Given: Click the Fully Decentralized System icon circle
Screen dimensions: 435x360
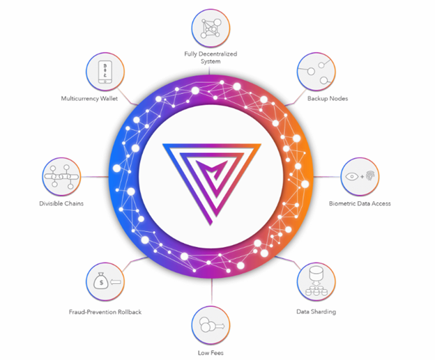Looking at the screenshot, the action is (x=211, y=29).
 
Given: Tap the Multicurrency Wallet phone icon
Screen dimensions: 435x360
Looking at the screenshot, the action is (x=105, y=72).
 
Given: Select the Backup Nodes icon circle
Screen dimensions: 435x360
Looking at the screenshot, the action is (x=316, y=72).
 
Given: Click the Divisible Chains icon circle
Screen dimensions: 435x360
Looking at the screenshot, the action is (x=61, y=177).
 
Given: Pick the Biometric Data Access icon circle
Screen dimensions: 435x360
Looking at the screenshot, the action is (x=360, y=177).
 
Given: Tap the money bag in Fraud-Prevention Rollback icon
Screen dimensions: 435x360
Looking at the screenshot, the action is (x=100, y=281).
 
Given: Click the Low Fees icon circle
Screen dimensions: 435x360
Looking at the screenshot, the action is (x=211, y=325).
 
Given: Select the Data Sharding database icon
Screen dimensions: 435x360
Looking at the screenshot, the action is (x=316, y=281).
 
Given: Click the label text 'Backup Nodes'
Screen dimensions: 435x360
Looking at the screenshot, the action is (x=328, y=99).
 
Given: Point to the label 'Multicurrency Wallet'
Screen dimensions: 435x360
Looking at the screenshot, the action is (x=89, y=99).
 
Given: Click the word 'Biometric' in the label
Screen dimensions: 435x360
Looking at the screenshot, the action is (x=342, y=203).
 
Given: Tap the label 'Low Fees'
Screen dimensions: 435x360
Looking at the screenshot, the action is (x=211, y=353).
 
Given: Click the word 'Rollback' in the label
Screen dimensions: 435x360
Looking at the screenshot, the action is (x=130, y=312).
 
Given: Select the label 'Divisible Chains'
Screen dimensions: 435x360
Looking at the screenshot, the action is (x=61, y=203).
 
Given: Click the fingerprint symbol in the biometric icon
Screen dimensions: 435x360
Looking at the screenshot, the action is (x=370, y=175).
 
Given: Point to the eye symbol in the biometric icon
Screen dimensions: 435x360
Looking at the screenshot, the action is (x=352, y=176).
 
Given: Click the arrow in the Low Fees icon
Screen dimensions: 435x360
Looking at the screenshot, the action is (x=220, y=326).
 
